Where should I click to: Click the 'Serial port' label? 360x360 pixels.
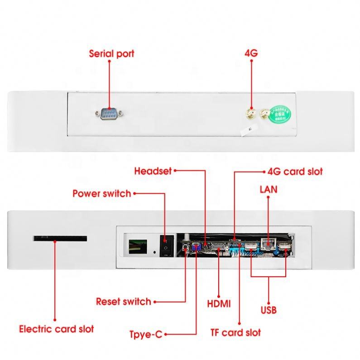[x=111, y=54]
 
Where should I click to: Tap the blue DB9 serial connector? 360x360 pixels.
[x=109, y=113]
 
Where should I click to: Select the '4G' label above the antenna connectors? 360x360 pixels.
[x=251, y=53]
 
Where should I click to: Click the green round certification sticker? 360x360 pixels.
[x=280, y=114]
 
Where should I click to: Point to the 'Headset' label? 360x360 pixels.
[x=153, y=171]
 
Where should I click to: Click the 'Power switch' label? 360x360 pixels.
[x=102, y=193]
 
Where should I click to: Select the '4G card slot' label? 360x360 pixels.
[x=295, y=172]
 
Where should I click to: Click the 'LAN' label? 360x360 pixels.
[x=269, y=190]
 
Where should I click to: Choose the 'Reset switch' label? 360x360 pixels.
[x=124, y=302]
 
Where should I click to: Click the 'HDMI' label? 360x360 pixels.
[x=219, y=304]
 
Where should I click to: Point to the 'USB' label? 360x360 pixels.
[x=269, y=310]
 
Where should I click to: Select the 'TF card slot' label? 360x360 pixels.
[x=235, y=333]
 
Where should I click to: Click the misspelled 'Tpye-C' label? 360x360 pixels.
[x=146, y=334]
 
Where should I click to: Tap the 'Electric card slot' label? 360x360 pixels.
[x=57, y=329]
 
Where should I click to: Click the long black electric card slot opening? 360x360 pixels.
[x=60, y=238]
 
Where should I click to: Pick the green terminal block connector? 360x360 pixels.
[x=138, y=247]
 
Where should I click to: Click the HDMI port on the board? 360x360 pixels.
[x=218, y=247]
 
